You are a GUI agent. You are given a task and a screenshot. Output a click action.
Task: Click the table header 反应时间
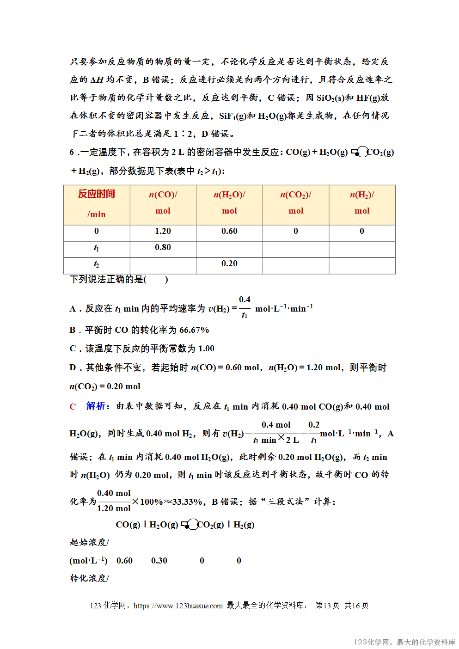pos(96,194)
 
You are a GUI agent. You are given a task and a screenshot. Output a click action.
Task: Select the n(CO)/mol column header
pos(163,202)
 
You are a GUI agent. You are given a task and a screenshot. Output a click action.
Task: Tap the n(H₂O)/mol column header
pos(229,202)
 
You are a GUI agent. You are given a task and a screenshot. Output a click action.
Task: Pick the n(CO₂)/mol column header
pos(296,202)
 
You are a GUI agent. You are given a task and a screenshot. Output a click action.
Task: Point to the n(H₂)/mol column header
pos(362,202)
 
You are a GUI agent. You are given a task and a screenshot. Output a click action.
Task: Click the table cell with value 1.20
pos(163,231)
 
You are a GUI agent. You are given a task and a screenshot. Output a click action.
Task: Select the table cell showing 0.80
pos(163,247)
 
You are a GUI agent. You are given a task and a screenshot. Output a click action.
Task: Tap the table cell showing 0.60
pos(229,231)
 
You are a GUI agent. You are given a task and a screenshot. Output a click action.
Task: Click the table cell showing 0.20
pos(229,263)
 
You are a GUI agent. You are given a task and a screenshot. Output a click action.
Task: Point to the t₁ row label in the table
pos(96,248)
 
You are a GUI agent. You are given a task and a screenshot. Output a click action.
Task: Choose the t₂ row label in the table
pos(96,264)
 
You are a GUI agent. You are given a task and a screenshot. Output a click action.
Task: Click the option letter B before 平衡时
pos(73,330)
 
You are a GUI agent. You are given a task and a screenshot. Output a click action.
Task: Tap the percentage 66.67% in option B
pos(194,330)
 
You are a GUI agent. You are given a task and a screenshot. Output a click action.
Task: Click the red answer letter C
pos(73,407)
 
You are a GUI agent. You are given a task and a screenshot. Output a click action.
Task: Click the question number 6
pos(72,152)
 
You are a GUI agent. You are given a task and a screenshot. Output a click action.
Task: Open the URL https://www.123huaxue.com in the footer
pos(178,606)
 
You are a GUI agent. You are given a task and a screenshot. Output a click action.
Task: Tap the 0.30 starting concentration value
pos(159,561)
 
